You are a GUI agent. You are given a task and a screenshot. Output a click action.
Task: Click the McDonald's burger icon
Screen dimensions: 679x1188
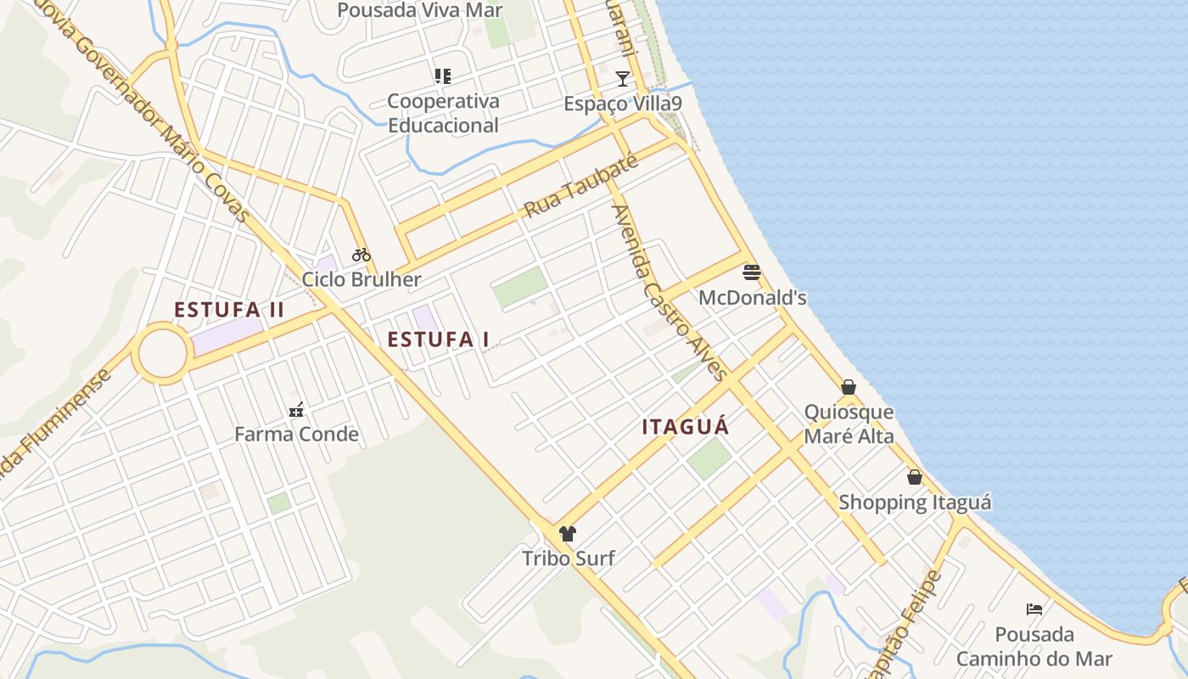point(751,272)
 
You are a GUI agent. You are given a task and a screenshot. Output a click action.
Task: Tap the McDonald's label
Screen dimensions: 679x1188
point(752,298)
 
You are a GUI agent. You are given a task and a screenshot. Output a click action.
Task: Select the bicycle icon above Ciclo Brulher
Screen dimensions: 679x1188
point(361,254)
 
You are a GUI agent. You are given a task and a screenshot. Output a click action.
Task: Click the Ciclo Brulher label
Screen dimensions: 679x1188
point(361,279)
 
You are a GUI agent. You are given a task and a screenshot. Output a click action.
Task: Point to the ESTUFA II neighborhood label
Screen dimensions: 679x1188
point(229,310)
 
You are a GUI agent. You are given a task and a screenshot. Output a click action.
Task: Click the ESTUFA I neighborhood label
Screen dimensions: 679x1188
point(438,339)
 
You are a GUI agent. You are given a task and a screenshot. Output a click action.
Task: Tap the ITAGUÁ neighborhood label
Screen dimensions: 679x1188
point(686,427)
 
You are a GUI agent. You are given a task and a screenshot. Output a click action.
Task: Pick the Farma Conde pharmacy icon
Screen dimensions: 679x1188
point(296,410)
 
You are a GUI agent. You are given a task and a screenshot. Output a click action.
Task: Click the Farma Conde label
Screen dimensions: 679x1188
point(296,435)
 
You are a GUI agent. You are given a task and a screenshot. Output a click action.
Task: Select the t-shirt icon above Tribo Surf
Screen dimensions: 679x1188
point(568,533)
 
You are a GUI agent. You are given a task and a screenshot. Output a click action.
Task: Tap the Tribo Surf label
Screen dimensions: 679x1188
point(568,558)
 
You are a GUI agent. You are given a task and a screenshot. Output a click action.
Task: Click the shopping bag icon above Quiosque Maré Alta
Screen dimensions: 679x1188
point(848,387)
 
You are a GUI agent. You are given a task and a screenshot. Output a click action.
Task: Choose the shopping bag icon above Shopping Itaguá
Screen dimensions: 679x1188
point(914,477)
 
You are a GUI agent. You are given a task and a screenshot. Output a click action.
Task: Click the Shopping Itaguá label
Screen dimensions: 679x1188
point(914,502)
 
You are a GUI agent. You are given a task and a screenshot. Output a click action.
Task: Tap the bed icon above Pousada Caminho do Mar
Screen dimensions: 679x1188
point(1034,609)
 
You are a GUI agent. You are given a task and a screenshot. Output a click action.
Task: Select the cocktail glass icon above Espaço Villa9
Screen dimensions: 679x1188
point(623,79)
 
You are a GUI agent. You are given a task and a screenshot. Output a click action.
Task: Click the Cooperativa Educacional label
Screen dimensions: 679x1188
point(443,113)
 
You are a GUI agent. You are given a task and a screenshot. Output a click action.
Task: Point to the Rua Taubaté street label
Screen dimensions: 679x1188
point(580,187)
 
